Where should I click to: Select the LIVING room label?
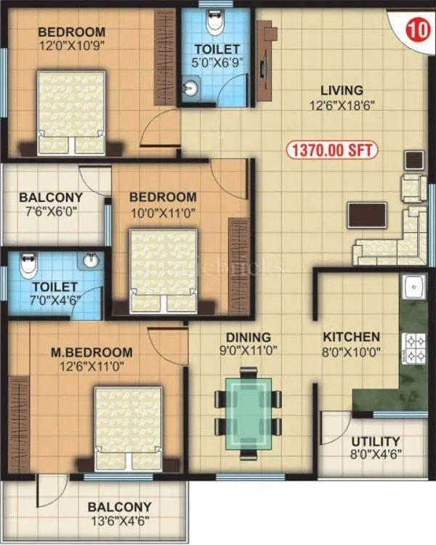[x=341, y=91]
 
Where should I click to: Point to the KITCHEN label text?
[x=351, y=337]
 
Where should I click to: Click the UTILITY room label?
[x=375, y=442]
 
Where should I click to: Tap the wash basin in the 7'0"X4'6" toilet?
[x=91, y=260]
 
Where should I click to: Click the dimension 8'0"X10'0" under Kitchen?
[x=351, y=351]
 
